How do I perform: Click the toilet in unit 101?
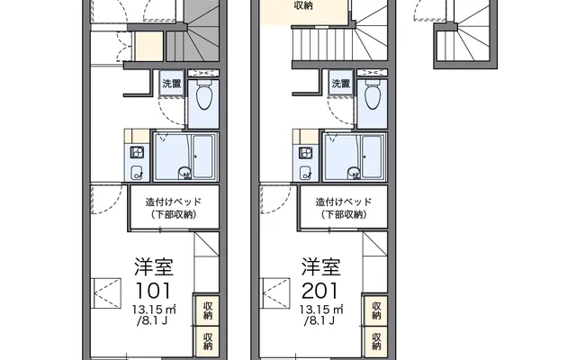[204, 94]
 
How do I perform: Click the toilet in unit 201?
[373, 94]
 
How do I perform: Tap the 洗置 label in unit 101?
[172, 84]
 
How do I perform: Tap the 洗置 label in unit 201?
[340, 84]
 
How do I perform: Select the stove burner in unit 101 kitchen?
[137, 152]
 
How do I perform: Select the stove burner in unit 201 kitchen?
[306, 152]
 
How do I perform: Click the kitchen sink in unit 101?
[137, 172]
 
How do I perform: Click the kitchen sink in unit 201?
[305, 172]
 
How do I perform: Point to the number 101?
[154, 290]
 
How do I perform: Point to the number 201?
[319, 290]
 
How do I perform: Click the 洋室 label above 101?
[154, 267]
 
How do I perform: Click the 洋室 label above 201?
[321, 267]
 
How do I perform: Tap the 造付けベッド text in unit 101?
[174, 202]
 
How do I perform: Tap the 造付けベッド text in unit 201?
[344, 202]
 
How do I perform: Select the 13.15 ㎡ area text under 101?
[154, 310]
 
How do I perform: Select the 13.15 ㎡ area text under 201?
[321, 310]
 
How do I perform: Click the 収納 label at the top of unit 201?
[303, 5]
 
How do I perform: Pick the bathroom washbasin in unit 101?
[184, 173]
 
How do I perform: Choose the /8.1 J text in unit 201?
[319, 321]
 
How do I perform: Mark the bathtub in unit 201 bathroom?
[372, 157]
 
